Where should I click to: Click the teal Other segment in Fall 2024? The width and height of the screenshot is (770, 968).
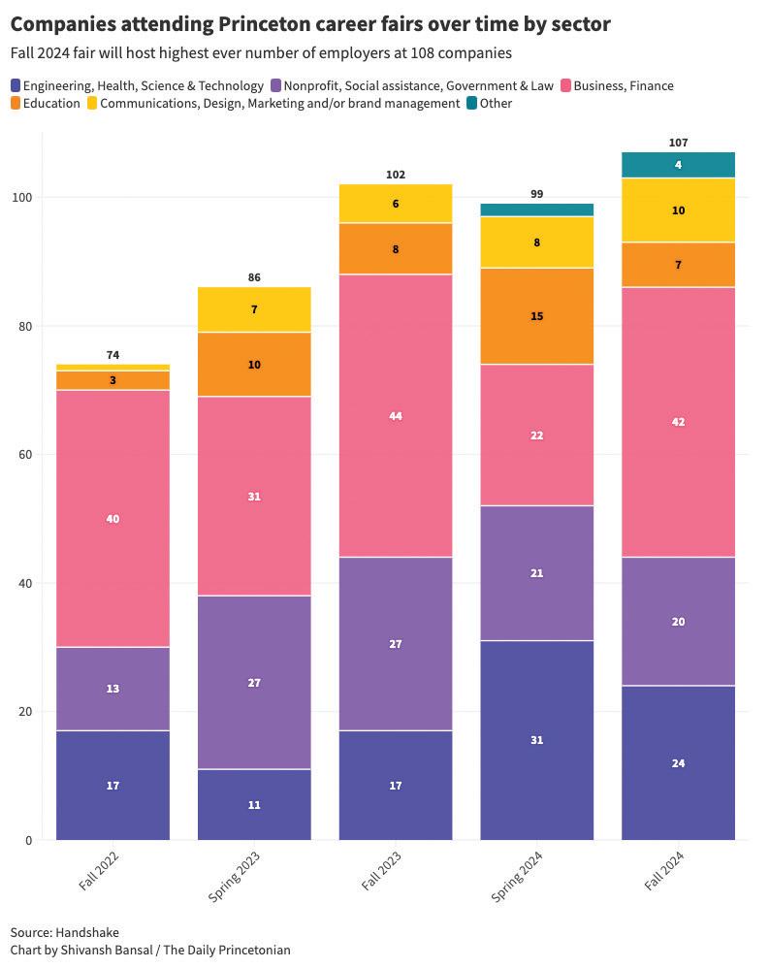pyautogui.click(x=678, y=165)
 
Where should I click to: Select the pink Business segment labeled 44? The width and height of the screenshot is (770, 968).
pyautogui.click(x=396, y=416)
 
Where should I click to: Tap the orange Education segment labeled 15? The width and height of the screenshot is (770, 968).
pyautogui.click(x=537, y=316)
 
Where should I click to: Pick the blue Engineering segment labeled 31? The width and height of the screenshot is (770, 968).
pyautogui.click(x=537, y=740)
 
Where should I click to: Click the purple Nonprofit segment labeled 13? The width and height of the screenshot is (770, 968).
pyautogui.click(x=112, y=689)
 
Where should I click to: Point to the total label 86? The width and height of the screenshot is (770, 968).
pyautogui.click(x=254, y=277)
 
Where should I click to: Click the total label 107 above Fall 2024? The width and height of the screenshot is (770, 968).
pyautogui.click(x=678, y=143)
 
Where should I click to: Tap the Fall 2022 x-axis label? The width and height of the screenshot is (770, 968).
pyautogui.click(x=102, y=869)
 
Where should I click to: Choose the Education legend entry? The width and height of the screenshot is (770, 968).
pyautogui.click(x=51, y=103)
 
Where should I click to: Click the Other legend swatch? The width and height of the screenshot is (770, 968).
pyautogui.click(x=472, y=103)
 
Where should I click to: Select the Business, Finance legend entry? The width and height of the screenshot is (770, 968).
pyautogui.click(x=624, y=85)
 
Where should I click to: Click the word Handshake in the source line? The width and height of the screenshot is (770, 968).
pyautogui.click(x=87, y=932)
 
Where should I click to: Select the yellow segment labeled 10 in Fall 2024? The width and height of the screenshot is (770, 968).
pyautogui.click(x=678, y=210)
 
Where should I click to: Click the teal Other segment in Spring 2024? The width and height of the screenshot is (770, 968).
pyautogui.click(x=537, y=210)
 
